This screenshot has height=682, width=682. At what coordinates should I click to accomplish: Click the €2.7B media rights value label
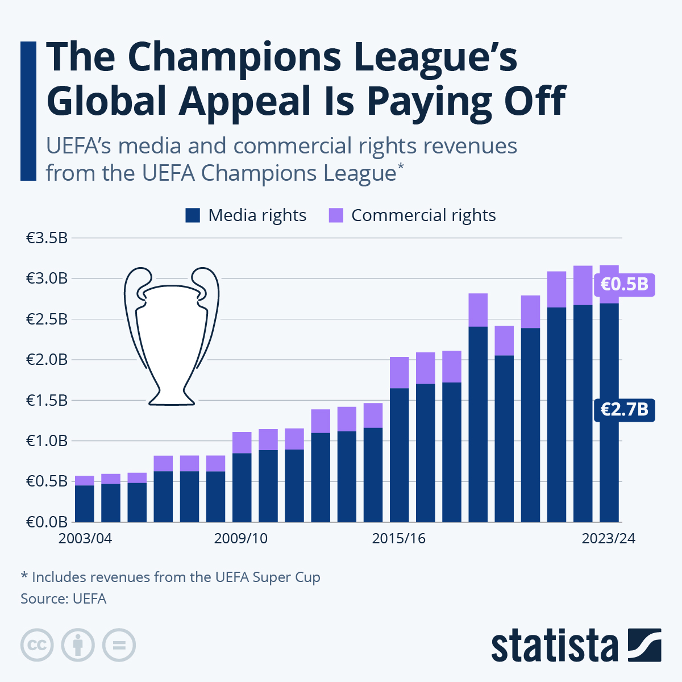coord(624,409)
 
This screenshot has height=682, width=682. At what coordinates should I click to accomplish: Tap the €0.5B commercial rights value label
coord(624,284)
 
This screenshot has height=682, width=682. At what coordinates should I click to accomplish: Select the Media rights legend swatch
coord(193,215)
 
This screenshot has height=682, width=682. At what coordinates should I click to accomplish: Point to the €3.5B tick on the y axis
coord(47,238)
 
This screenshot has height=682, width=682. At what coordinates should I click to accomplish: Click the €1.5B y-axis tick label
coord(47,400)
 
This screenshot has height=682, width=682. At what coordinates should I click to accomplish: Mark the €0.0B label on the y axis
coord(47,522)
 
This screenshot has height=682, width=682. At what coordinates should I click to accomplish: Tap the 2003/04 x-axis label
coord(85,538)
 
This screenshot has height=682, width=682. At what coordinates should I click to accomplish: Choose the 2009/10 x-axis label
coord(241,538)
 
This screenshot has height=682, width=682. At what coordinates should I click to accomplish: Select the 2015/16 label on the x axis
coord(399,538)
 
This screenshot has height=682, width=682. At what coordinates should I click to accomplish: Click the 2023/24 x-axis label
coord(608,538)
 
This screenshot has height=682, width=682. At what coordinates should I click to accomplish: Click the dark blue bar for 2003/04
coord(85,504)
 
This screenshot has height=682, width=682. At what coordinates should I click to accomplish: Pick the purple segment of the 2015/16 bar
coord(399,373)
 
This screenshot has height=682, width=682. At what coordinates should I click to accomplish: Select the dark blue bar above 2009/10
coord(242,487)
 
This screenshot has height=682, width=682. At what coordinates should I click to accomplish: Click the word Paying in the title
coord(430,101)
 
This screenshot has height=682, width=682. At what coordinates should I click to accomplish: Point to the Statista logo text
coord(555,646)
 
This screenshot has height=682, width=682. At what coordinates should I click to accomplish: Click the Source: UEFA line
coord(64,598)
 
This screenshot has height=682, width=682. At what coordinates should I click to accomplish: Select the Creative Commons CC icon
coord(37,645)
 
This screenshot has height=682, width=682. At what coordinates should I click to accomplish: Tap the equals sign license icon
coord(119,645)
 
